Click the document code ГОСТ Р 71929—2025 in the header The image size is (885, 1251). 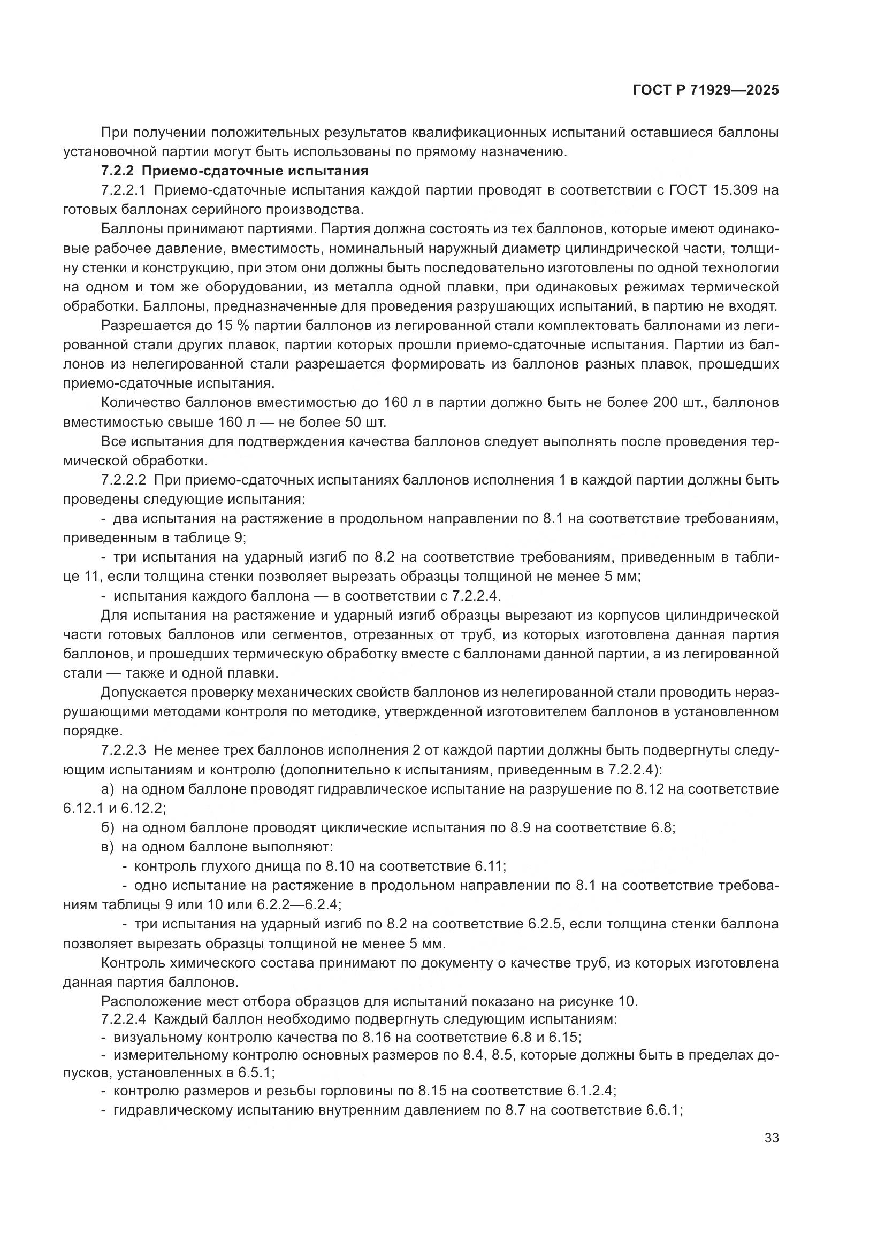706,90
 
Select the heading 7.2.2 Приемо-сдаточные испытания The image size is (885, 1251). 235,171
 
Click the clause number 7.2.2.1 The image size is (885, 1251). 123,190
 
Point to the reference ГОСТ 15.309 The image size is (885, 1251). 712,190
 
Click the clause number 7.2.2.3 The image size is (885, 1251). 123,750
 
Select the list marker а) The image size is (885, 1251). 108,789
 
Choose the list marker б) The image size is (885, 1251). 108,827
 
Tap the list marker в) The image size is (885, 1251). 108,847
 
